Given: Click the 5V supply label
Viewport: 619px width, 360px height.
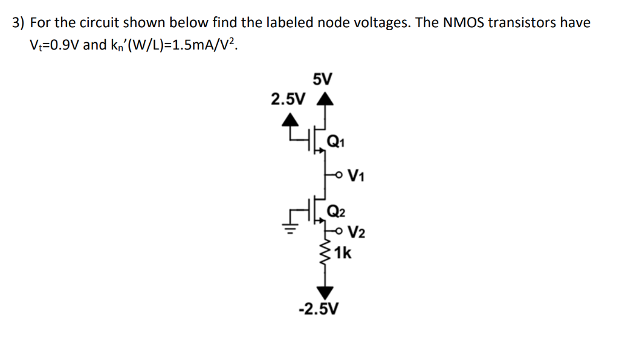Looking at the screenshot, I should (x=323, y=79).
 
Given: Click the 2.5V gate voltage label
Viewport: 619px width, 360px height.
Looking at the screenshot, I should (x=288, y=99).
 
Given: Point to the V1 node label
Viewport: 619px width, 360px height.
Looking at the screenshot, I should (x=357, y=177).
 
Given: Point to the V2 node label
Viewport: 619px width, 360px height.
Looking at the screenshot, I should (x=357, y=233).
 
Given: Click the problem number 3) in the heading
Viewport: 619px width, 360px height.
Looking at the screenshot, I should (x=19, y=24).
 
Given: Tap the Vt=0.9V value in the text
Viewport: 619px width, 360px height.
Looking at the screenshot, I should (x=53, y=47).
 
